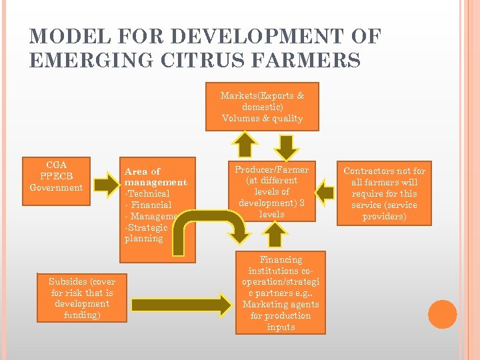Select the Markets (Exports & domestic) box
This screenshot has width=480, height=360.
262,107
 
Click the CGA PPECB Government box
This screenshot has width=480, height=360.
56,175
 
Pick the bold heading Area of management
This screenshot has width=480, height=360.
155,177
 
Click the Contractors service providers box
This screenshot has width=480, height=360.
383,194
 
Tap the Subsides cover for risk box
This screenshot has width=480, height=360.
82,298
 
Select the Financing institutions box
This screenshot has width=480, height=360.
280,293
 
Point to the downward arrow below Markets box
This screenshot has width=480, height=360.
287,146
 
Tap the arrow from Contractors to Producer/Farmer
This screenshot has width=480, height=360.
325,192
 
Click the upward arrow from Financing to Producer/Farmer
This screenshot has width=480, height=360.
273,234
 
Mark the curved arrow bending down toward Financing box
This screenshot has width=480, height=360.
210,227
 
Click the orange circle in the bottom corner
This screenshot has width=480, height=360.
443,314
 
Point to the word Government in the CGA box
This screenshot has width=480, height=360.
56,187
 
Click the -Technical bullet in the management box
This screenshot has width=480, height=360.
147,193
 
